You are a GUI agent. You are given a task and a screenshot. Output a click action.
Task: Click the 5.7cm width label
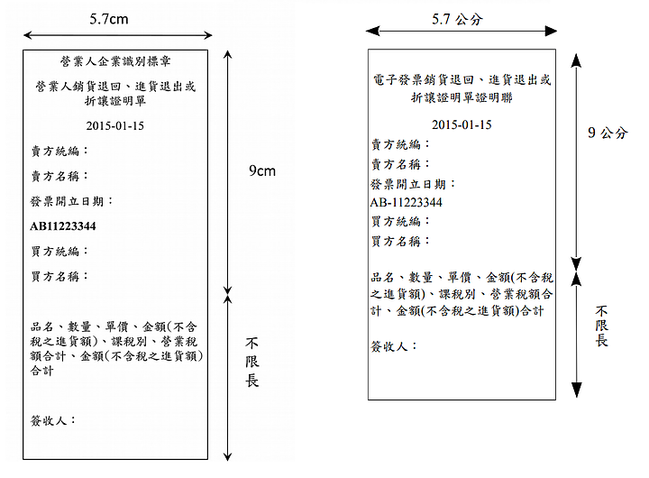[x=109, y=19]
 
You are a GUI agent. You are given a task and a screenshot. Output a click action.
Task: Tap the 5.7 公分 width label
[x=457, y=19]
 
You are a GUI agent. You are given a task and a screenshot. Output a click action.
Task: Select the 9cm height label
[x=262, y=170]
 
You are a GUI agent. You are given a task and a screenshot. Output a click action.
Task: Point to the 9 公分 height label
[x=608, y=133]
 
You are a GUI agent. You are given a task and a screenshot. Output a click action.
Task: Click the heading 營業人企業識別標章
[x=115, y=61]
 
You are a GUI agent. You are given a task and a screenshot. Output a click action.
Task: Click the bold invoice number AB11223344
[x=63, y=226]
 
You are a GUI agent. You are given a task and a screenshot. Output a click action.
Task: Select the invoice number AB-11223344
[x=406, y=202]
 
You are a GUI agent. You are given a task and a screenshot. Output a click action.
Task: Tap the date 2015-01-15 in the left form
[x=115, y=125]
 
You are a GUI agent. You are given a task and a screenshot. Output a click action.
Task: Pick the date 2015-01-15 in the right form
[x=462, y=124]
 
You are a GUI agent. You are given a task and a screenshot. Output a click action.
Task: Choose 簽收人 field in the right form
[x=394, y=345]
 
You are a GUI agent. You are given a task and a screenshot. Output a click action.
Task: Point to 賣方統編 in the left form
[x=59, y=151]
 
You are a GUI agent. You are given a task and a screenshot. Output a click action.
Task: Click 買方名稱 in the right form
[x=400, y=241]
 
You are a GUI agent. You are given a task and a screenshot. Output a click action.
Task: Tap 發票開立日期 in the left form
[x=71, y=201]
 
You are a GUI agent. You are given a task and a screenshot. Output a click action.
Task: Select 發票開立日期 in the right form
[x=413, y=183]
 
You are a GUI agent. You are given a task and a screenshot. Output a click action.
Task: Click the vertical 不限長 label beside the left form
[x=252, y=363]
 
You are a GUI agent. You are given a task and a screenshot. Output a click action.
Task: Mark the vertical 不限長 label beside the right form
[x=601, y=326]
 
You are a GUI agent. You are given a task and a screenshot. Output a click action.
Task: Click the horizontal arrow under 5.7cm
[x=118, y=35]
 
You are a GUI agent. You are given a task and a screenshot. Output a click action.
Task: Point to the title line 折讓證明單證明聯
[x=462, y=97]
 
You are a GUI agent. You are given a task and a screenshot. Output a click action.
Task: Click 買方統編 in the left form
[x=59, y=251]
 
